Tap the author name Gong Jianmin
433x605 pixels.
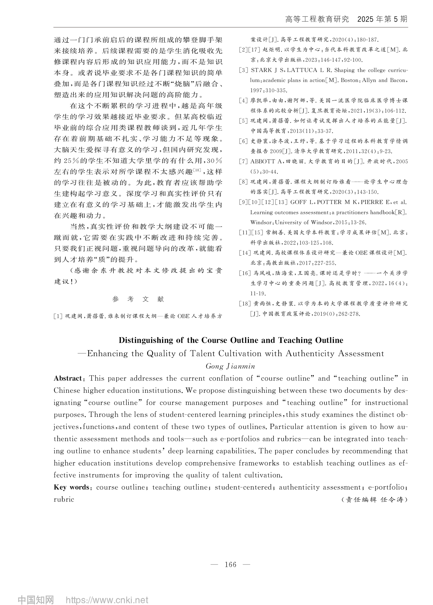(x=230, y=366)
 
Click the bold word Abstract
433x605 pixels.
(x=68, y=378)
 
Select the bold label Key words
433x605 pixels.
(x=71, y=487)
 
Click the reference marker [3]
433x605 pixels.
(x=244, y=70)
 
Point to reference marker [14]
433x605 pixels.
(x=244, y=253)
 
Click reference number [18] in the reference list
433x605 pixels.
(x=244, y=304)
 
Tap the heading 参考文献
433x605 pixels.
(x=138, y=299)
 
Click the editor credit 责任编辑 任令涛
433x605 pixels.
(x=375, y=500)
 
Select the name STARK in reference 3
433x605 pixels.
(x=261, y=70)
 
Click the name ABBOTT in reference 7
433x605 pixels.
(x=263, y=162)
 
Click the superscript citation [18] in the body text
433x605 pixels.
(x=197, y=170)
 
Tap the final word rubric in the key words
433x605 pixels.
(x=64, y=499)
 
